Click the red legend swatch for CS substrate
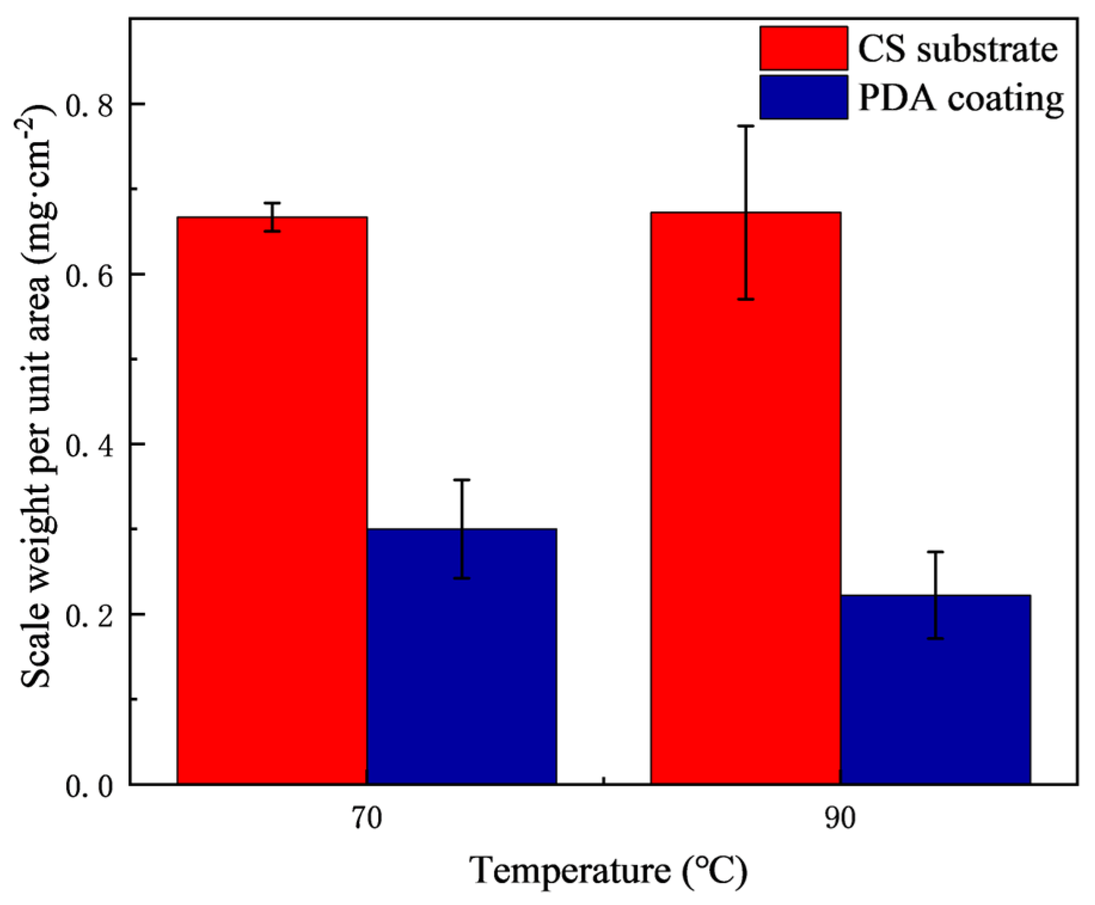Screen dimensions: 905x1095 (x=803, y=48)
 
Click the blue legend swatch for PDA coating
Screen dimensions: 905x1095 (x=803, y=97)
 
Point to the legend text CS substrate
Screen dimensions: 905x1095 (x=958, y=49)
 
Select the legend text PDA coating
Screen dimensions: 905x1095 (x=961, y=97)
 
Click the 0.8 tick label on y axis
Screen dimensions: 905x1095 (x=89, y=105)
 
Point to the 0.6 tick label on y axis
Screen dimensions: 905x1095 (x=89, y=275)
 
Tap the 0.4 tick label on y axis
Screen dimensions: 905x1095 (x=89, y=445)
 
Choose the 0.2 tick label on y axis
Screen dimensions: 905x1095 (x=89, y=615)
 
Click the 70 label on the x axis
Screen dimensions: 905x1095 (x=366, y=818)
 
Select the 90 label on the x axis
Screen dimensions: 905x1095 (x=840, y=818)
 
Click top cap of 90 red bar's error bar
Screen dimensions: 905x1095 (x=746, y=126)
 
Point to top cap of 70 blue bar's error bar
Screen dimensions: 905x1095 (x=462, y=480)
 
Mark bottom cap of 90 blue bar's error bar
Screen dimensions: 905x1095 (x=935, y=639)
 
